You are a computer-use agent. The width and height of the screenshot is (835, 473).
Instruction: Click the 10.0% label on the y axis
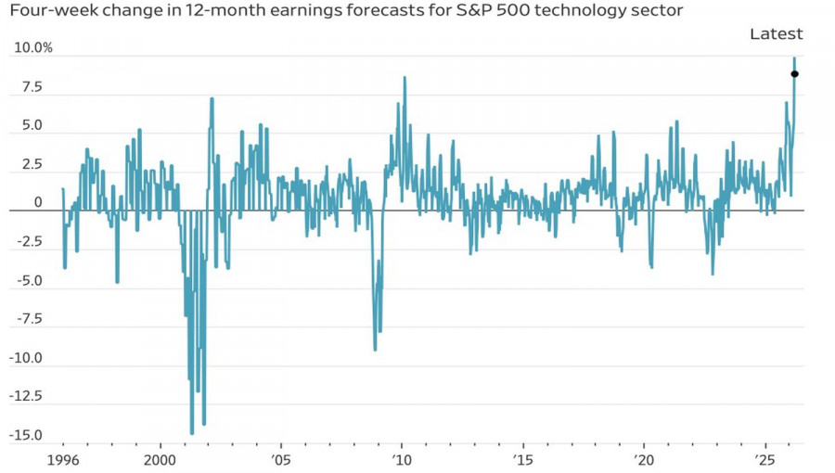(33, 47)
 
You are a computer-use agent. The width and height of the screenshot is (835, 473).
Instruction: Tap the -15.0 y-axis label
(28, 435)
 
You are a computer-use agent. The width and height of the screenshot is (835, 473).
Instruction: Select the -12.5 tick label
(28, 396)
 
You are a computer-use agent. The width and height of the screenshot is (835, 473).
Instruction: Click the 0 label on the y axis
(38, 202)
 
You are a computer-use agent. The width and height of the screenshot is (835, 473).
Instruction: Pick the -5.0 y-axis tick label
(30, 280)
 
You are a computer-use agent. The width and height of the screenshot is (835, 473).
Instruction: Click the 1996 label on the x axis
(62, 460)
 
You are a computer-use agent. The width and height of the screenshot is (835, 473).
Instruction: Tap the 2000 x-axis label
(160, 460)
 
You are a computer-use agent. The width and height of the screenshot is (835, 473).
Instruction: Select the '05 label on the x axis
(280, 460)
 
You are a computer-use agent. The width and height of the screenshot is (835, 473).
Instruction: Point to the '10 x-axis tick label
(401, 460)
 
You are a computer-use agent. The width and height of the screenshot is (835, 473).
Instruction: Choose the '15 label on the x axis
(522, 460)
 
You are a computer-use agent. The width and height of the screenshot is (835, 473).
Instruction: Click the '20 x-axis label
(644, 460)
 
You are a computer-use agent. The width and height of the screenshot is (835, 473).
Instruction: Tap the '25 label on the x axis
(764, 460)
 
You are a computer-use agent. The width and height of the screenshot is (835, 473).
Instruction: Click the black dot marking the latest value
(795, 74)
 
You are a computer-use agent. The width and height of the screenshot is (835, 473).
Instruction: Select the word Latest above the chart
(776, 34)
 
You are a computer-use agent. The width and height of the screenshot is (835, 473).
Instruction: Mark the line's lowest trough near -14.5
(192, 433)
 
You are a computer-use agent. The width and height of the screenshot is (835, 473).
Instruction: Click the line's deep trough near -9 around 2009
(375, 350)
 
